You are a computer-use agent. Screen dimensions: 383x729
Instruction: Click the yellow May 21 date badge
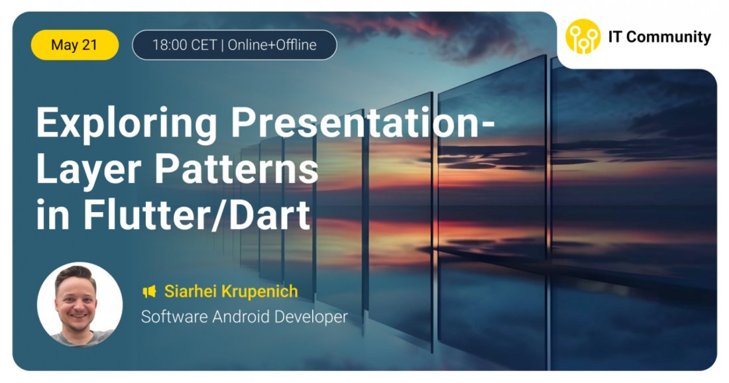[75, 45]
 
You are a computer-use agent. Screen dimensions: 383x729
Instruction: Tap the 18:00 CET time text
[185, 45]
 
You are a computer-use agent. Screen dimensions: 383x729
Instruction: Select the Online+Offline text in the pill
[272, 45]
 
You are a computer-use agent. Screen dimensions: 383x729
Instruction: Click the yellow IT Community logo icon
[583, 36]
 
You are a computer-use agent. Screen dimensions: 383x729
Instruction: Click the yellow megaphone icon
[149, 291]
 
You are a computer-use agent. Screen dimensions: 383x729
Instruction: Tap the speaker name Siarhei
[190, 291]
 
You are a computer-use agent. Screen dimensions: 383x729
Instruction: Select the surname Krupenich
[259, 291]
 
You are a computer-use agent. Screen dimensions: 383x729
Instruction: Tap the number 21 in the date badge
[90, 45]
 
